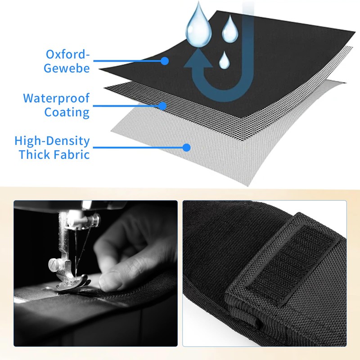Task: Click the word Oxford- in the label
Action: coord(68,54)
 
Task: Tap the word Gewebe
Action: coord(67,68)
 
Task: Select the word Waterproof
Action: coord(56,99)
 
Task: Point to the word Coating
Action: coord(67,112)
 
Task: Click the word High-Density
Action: coord(52,141)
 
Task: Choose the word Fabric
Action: coord(72,154)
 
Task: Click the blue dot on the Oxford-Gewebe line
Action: coord(165,61)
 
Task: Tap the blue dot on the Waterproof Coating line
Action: coord(162,106)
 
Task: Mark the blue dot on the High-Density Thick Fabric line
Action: coord(187,148)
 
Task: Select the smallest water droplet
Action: coord(224,61)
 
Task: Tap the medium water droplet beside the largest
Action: coord(230,30)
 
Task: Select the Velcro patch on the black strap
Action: coord(291,264)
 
